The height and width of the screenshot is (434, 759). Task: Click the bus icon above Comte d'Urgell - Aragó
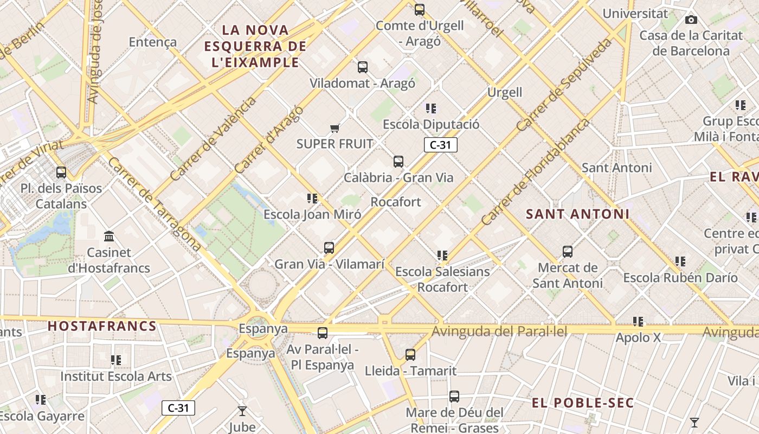tap(419, 10)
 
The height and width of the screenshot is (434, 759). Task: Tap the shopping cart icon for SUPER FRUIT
tap(335, 129)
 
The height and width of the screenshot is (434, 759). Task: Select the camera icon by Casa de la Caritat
tap(691, 20)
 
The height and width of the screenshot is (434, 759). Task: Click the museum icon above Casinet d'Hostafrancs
tap(109, 237)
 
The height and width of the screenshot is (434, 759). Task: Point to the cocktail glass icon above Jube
tap(242, 411)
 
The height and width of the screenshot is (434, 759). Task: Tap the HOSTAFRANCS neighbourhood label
tap(102, 326)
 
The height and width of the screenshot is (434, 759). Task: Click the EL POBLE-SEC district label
tap(582, 403)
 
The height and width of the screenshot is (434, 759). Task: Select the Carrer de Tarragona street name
tap(155, 203)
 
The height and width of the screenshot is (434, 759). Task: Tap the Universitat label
tap(635, 14)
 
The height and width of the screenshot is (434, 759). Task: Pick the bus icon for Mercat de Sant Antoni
tap(568, 252)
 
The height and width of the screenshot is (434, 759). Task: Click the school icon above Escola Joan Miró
tap(312, 199)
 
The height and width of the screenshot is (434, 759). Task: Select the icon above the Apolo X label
tap(638, 322)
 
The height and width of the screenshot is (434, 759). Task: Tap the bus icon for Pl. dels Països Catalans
tap(61, 173)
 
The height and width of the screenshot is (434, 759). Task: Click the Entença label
tap(153, 42)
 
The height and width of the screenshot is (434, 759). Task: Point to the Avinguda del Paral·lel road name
tap(499, 331)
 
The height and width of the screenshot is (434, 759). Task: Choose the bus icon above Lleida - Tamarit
tap(410, 355)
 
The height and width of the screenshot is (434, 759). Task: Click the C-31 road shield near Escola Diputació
tap(440, 145)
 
